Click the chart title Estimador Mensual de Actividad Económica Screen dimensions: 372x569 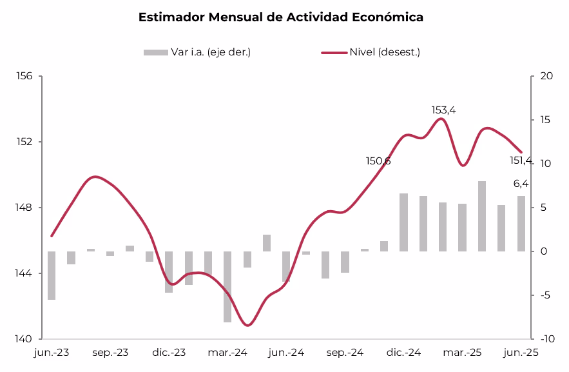pos(281,17)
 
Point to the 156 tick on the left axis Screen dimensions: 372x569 pos(24,76)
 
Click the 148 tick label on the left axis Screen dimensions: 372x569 pos(24,208)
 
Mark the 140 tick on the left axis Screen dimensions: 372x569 pos(24,339)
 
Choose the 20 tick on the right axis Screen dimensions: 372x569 pos(547,76)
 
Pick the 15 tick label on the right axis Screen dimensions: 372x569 pos(547,120)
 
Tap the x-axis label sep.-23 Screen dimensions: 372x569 pos(110,353)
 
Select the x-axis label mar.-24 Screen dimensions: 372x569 pos(227,353)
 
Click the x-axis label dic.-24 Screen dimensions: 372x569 pos(404,353)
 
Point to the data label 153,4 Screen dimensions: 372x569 pos(443,110)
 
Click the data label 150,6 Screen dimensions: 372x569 pos(378,161)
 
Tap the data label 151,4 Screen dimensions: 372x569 pos(521,161)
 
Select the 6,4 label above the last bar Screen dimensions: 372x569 pos(521,184)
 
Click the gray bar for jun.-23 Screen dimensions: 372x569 pos(52,275)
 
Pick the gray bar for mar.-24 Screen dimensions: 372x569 pos(227,286)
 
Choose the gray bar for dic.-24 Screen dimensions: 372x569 pos(404,222)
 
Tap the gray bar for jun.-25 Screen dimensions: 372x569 pos(521,224)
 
